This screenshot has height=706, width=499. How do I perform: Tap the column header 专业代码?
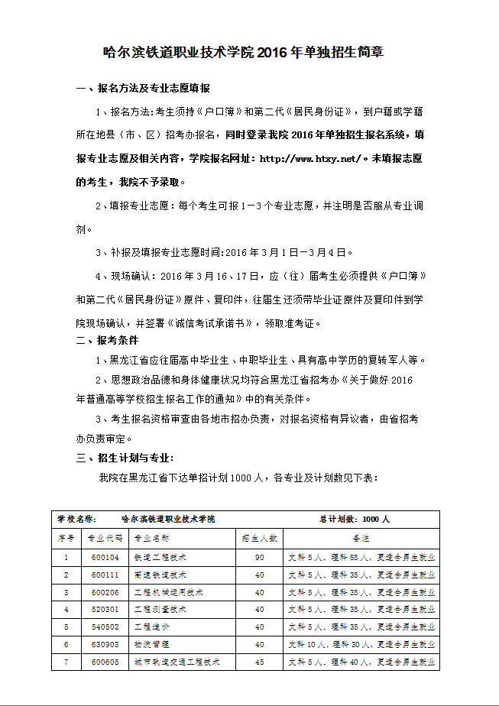point(105,538)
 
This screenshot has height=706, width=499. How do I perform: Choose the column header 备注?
point(361,538)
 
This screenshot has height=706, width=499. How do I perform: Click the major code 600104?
point(105,557)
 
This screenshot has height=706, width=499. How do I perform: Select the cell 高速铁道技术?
point(160,575)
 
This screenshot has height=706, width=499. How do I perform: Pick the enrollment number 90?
point(259,557)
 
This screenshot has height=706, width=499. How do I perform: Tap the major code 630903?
point(105,644)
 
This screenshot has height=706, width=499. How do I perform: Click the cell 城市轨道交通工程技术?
point(177,662)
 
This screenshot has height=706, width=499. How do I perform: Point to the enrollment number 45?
point(259,662)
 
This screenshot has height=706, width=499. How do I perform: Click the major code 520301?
point(105,610)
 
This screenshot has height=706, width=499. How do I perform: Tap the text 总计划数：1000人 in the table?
point(355,519)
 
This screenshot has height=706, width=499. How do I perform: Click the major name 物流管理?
point(150,644)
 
